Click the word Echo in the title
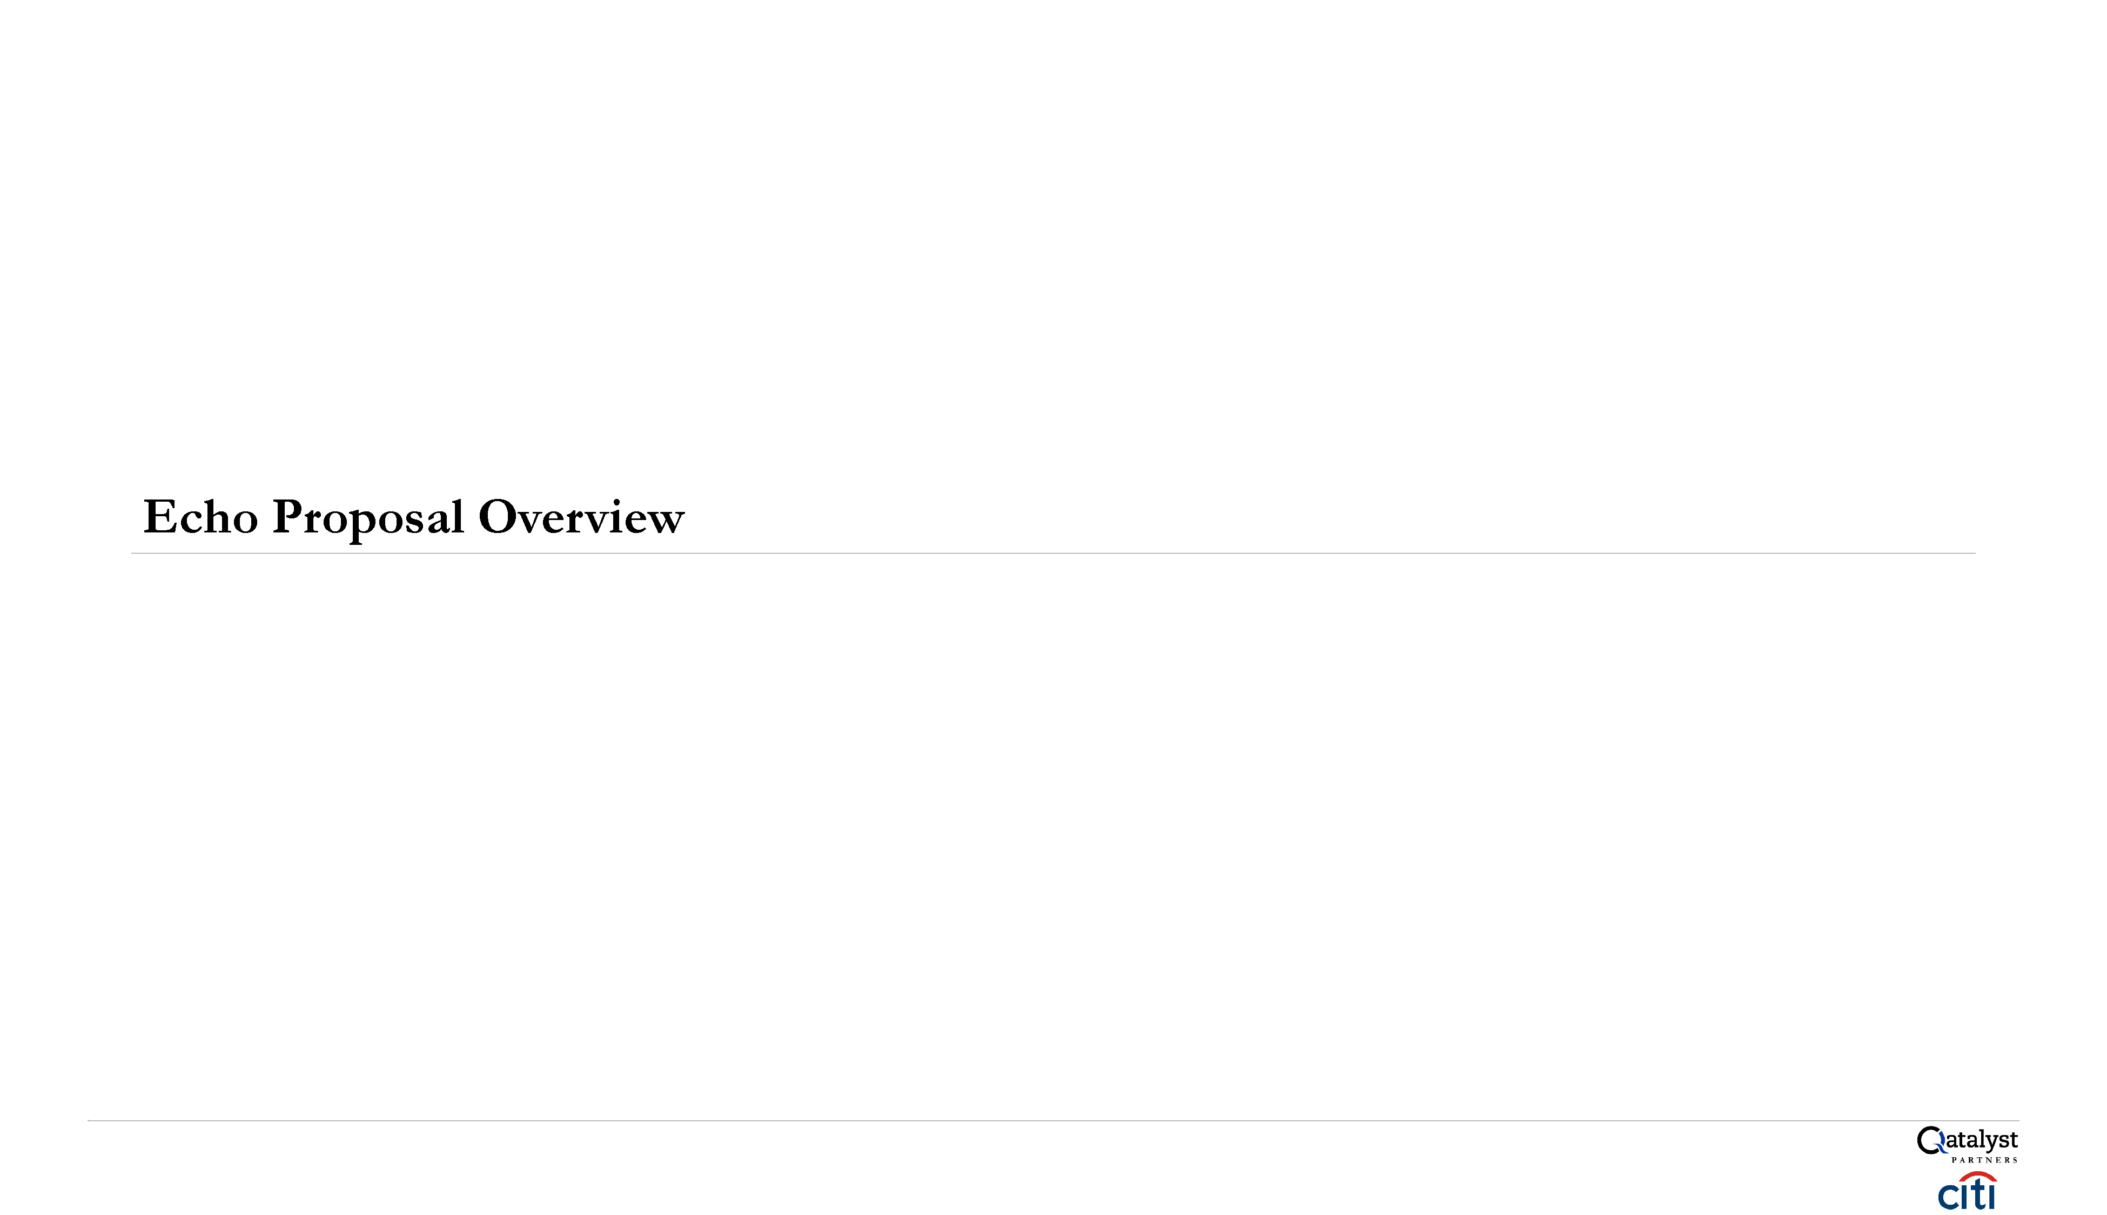click(x=200, y=517)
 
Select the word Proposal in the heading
click(x=367, y=518)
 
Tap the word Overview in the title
click(x=581, y=517)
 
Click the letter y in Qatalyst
click(x=1990, y=1143)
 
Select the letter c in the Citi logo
click(x=1948, y=1196)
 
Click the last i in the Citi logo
click(x=1991, y=1196)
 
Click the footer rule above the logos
click(x=1052, y=1120)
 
